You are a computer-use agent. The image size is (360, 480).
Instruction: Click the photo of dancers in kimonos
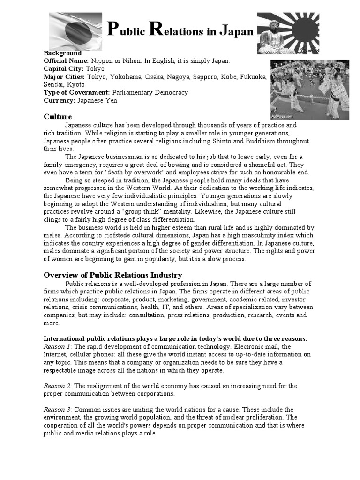(x=309, y=90)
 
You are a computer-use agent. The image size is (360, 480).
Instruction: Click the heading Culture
(x=58, y=116)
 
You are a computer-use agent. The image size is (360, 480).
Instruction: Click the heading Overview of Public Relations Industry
(x=113, y=275)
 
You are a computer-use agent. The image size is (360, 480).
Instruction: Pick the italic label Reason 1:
(x=58, y=347)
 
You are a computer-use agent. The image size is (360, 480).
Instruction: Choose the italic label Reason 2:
(x=58, y=386)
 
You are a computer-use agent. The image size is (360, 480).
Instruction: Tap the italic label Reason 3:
(x=58, y=409)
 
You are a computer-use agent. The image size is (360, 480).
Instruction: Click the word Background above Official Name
(x=62, y=53)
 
